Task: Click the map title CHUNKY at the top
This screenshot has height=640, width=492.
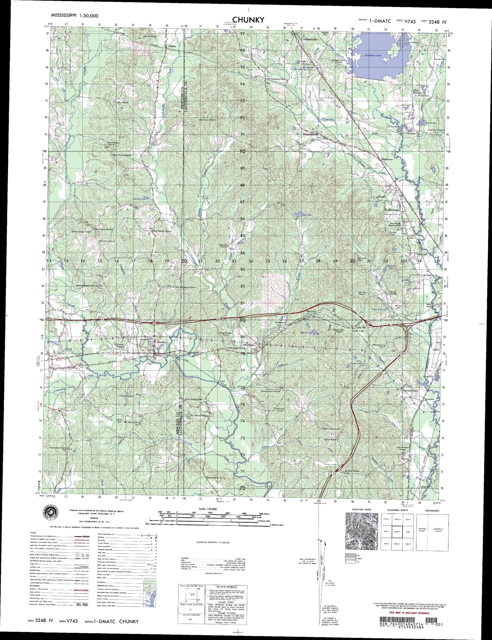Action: pyautogui.click(x=248, y=20)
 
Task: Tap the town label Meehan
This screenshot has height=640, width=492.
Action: pyautogui.click(x=249, y=345)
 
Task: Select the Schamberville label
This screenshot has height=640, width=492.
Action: pyautogui.click(x=277, y=79)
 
